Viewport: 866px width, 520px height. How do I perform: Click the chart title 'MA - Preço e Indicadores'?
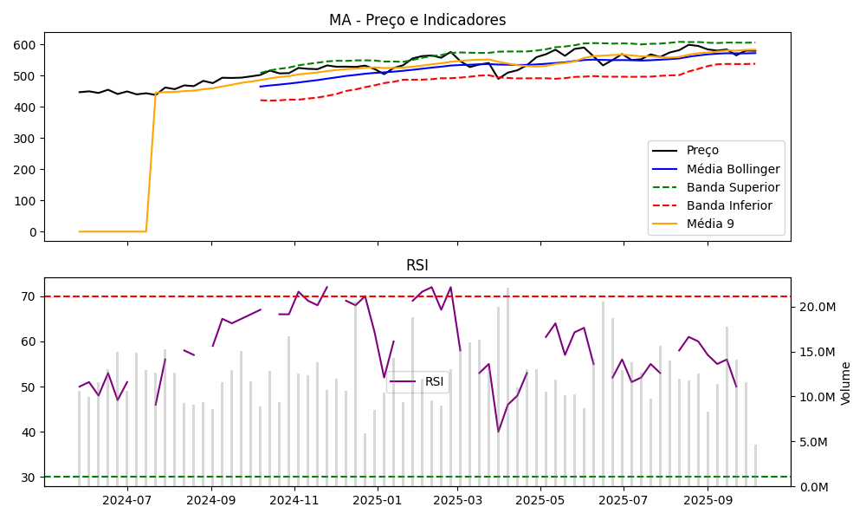click(417, 20)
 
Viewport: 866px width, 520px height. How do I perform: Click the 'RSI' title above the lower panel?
click(417, 265)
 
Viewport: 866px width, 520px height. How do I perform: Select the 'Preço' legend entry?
click(702, 150)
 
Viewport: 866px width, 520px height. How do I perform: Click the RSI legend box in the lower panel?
click(417, 381)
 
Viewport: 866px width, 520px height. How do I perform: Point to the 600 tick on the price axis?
click(26, 45)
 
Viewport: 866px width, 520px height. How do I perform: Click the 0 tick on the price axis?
click(34, 232)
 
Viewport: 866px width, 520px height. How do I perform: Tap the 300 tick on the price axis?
click(26, 139)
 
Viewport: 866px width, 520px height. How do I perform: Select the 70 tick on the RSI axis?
click(29, 296)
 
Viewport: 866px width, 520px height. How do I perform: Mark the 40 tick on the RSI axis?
click(29, 432)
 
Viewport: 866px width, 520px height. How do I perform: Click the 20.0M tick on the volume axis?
click(815, 307)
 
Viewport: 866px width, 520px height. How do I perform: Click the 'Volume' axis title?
click(846, 383)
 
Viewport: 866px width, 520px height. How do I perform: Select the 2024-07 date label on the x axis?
click(127, 499)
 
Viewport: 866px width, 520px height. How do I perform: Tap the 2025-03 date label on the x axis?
click(457, 499)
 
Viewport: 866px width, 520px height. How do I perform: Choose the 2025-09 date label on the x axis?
click(708, 499)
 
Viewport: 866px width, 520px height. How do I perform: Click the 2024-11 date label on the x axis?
click(294, 499)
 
